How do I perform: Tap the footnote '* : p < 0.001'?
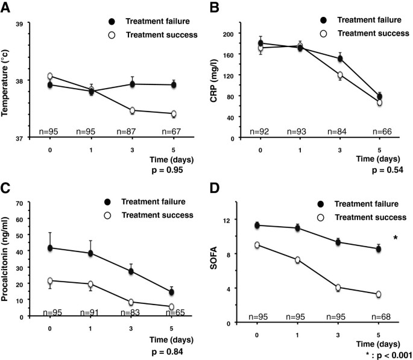[x=383, y=355]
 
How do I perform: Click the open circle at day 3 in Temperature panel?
[x=131, y=110]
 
